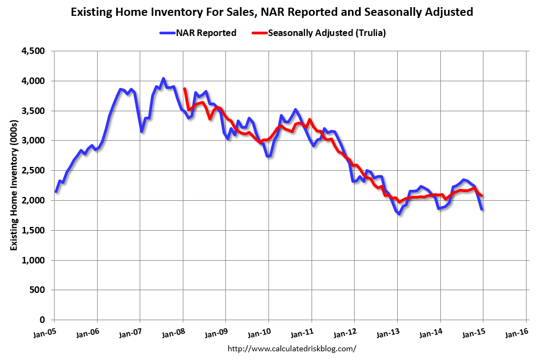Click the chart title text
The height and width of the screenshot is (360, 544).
pyautogui.click(x=272, y=11)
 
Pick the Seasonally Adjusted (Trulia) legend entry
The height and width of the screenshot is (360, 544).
pyautogui.click(x=319, y=33)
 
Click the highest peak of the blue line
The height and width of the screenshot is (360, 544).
pyautogui.click(x=163, y=79)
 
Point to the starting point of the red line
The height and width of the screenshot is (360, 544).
pyautogui.click(x=185, y=89)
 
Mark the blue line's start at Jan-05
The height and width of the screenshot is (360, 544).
pyautogui.click(x=56, y=191)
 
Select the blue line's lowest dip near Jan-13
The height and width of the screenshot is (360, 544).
pyautogui.click(x=399, y=214)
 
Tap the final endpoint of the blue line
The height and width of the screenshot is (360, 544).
pyautogui.click(x=482, y=209)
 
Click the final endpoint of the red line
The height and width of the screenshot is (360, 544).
pyautogui.click(x=481, y=196)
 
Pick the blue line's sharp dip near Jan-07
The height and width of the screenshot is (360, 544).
pyautogui.click(x=142, y=131)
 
